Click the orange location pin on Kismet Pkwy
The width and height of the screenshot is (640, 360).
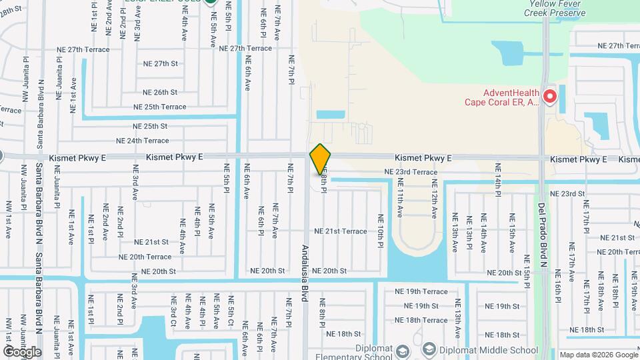(320, 159)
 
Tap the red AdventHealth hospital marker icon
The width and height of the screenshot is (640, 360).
(550, 97)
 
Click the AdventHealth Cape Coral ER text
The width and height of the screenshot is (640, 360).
(503, 97)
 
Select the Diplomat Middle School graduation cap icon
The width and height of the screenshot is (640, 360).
(429, 349)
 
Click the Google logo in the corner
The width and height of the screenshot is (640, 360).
(21, 351)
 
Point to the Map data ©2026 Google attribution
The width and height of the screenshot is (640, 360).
(597, 355)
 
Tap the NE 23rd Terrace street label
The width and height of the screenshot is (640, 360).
(411, 172)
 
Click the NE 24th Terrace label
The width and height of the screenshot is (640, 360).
(143, 141)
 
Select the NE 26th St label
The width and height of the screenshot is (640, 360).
(160, 92)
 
